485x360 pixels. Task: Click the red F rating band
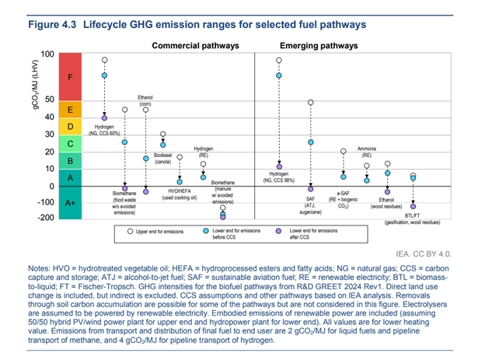tap(71, 77)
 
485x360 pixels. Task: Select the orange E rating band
tap(71, 110)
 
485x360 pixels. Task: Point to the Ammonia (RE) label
tap(367, 151)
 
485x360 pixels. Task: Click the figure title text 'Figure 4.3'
tap(57, 25)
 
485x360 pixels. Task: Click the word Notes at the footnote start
tap(40, 268)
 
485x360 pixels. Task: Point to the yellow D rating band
tap(71, 127)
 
